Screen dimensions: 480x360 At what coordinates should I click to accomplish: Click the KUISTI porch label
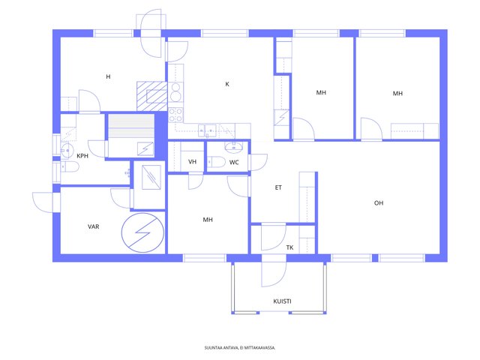(282, 301)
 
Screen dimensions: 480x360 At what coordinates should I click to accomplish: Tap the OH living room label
(379, 203)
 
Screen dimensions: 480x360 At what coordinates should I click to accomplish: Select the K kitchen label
(227, 84)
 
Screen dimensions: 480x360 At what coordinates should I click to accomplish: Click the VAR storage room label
(93, 226)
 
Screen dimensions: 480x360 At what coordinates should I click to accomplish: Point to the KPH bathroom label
(82, 156)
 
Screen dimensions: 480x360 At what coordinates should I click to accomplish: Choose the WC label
(234, 162)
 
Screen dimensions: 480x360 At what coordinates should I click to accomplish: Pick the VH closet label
(192, 162)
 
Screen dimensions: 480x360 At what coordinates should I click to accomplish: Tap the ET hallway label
(278, 187)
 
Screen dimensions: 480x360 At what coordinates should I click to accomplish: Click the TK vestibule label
(290, 247)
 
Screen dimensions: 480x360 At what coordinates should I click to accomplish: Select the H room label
(108, 76)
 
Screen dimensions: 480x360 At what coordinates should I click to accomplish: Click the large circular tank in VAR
(142, 232)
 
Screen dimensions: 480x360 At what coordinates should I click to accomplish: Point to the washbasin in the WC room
(234, 147)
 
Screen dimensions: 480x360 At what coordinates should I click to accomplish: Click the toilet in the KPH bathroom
(70, 167)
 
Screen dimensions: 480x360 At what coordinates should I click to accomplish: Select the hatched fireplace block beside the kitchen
(152, 96)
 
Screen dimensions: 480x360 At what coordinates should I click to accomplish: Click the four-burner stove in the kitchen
(175, 115)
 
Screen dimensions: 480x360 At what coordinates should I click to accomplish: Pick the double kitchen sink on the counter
(207, 130)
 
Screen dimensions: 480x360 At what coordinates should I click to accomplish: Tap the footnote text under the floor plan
(240, 348)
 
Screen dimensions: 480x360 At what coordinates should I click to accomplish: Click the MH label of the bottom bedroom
(208, 220)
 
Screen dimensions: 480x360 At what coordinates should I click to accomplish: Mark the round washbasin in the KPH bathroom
(67, 151)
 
